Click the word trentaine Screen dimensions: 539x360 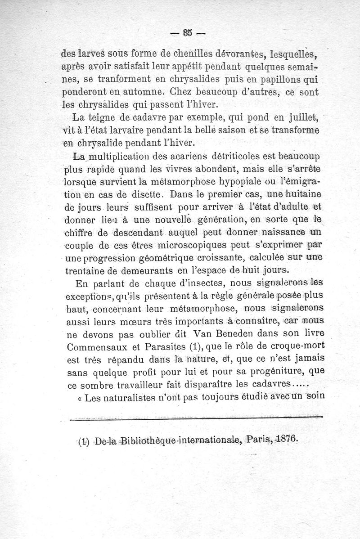87,271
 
